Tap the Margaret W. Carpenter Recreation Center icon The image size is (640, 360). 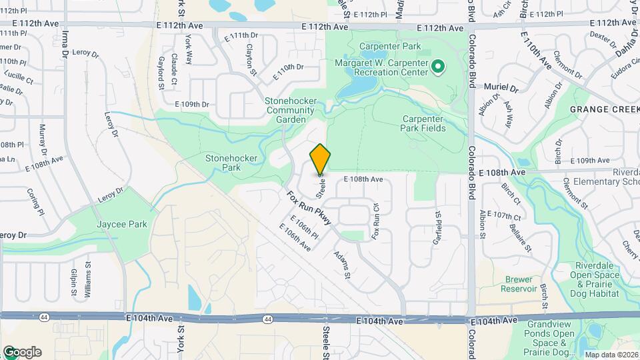pos(438,66)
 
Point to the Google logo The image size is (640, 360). pos(21,352)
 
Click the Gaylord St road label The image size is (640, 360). pos(161,72)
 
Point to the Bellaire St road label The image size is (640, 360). pos(519,238)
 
